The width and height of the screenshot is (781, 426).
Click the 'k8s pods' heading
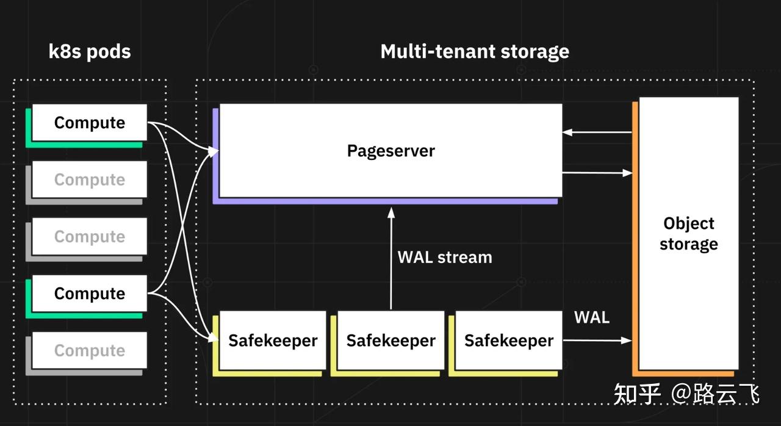[90, 52]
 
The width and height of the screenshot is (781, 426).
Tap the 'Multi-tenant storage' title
[475, 52]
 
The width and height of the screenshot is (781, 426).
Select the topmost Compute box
[90, 122]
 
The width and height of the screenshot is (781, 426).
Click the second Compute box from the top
[90, 179]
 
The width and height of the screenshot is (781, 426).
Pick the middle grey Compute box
[90, 236]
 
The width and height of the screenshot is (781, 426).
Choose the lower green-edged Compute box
[90, 293]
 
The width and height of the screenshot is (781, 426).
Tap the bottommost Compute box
[90, 350]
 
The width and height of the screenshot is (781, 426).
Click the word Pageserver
[391, 151]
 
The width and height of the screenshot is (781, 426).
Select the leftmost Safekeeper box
[273, 340]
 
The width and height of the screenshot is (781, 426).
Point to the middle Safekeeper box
[391, 340]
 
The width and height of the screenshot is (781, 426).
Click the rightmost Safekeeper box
[509, 340]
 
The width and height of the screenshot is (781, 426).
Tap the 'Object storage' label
[689, 234]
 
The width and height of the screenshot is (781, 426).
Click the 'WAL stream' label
[445, 258]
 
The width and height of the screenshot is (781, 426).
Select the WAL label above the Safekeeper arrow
[592, 317]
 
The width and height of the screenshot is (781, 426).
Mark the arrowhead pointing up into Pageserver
[391, 212]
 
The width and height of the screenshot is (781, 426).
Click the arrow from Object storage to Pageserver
[597, 132]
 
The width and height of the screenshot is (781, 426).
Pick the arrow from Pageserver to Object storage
[597, 173]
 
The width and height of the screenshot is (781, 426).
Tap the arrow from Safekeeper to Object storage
[597, 340]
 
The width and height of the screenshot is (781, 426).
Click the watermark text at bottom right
[686, 394]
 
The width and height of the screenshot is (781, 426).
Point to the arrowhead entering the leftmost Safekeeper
[214, 337]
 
